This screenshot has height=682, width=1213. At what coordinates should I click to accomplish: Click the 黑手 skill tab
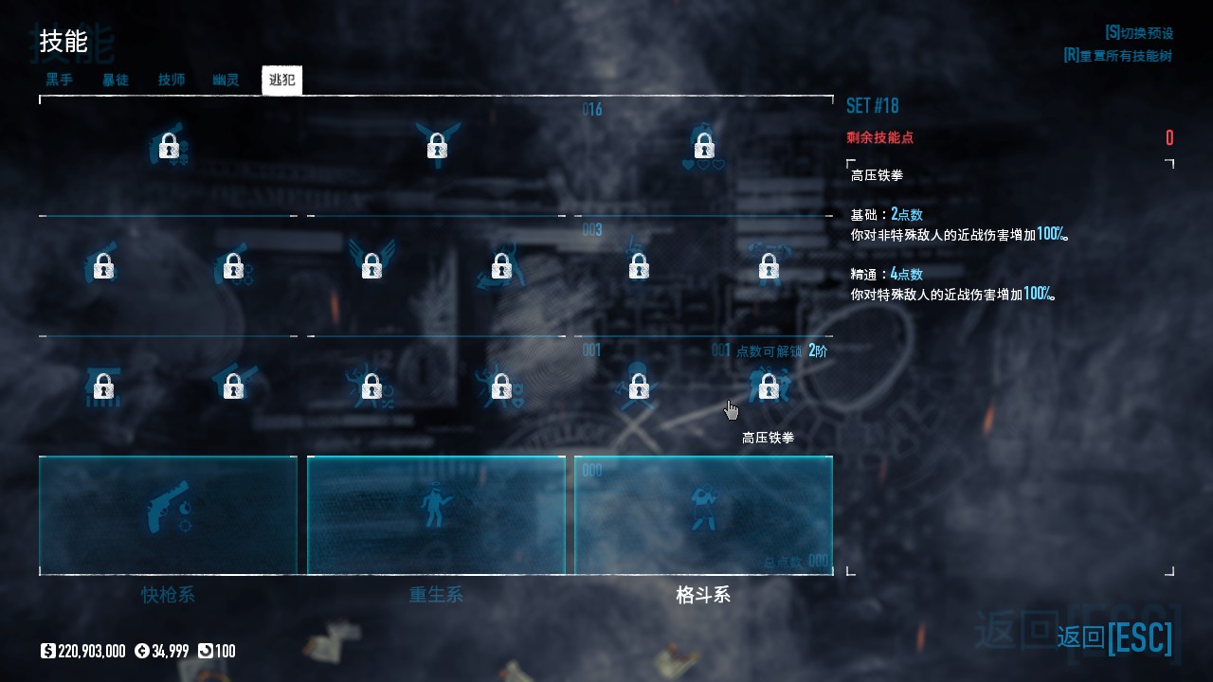(x=59, y=81)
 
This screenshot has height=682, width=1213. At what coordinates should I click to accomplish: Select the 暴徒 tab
(x=116, y=81)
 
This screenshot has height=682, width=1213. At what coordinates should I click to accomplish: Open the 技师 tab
(x=172, y=81)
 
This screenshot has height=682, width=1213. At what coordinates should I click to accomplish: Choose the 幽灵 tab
(x=226, y=81)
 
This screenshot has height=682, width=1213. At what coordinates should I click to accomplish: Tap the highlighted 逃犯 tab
(x=281, y=81)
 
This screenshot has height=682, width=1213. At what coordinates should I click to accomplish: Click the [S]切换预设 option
(x=1138, y=33)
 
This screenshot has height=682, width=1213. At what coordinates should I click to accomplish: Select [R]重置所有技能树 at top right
(x=1117, y=56)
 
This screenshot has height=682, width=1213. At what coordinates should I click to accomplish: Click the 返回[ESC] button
(x=1114, y=637)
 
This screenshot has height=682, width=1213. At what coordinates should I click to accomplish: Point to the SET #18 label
(x=872, y=105)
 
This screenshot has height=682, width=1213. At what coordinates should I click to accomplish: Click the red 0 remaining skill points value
(x=1169, y=138)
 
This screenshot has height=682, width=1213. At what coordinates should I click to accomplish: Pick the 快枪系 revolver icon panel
(x=168, y=514)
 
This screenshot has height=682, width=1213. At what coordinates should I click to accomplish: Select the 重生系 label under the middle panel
(x=436, y=595)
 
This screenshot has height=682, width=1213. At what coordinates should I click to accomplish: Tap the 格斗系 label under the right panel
(x=703, y=595)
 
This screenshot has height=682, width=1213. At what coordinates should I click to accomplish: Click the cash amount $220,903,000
(x=83, y=651)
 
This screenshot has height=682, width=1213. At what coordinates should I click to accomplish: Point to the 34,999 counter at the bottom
(x=162, y=651)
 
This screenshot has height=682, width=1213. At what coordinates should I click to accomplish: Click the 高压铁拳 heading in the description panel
(x=877, y=175)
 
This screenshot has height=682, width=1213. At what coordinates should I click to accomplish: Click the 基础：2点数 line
(x=887, y=215)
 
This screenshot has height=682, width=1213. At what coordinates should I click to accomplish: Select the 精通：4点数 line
(x=887, y=274)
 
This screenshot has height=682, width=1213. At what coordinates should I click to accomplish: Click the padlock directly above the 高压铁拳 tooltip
(x=769, y=386)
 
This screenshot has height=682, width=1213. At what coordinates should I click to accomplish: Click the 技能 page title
(x=63, y=42)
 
